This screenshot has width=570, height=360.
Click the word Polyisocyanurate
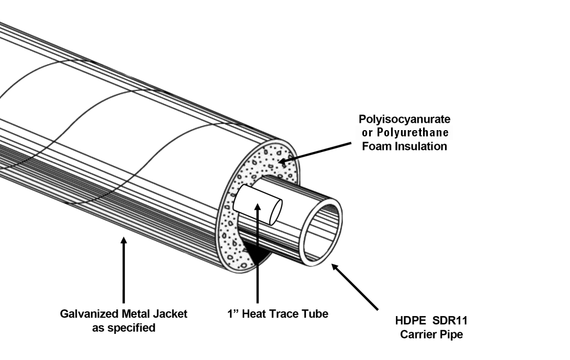click(404, 120)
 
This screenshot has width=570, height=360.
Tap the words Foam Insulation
click(405, 146)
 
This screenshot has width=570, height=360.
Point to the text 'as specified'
click(123, 328)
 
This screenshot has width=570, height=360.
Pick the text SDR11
click(450, 321)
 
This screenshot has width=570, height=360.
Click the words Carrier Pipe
click(431, 334)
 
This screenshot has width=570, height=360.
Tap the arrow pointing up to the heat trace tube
click(257, 251)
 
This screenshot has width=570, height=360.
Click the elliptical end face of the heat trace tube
click(275, 211)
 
